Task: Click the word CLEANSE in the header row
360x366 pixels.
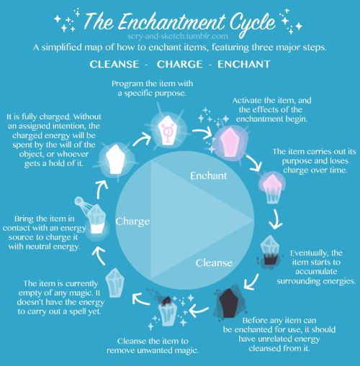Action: pos(114,64)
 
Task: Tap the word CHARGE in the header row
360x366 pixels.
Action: pos(179,64)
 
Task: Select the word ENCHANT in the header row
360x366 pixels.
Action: pos(244,64)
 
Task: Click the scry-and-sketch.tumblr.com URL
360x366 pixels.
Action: pos(178,36)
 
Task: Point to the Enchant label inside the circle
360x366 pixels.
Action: pos(208,175)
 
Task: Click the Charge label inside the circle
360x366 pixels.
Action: pos(132,221)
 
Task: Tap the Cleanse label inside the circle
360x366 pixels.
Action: pos(214,263)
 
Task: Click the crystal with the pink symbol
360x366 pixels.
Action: pos(168,130)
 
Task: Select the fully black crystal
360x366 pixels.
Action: pos(228,303)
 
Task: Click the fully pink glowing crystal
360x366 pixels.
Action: pos(230,142)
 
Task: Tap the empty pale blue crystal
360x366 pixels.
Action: pos(115,283)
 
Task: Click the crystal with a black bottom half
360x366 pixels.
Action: pos(270,250)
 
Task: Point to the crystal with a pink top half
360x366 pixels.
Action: pos(272,188)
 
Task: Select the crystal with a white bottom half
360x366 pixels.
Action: pos(96,219)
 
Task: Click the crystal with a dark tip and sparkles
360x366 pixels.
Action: pos(168,311)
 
